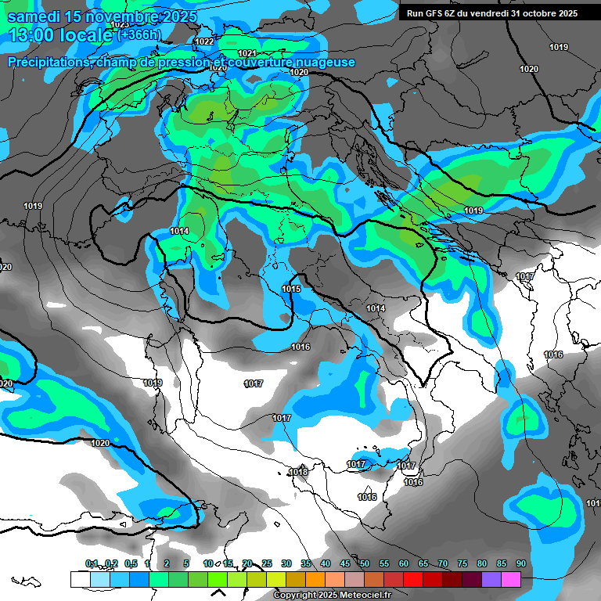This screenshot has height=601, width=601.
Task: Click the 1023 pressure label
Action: pos(120,25)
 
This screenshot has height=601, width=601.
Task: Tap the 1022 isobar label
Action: pos(204,41)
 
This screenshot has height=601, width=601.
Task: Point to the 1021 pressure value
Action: pos(247,52)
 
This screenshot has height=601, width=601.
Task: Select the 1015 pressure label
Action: pos(291,289)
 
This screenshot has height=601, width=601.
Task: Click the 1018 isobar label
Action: pos(298,472)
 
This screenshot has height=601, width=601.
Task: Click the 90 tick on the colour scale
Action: pos(520,563)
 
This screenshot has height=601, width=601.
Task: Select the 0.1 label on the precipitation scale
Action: pos(92,563)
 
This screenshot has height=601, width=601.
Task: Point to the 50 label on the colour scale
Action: pos(365,563)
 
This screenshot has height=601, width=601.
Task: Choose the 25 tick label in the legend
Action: pos(267,563)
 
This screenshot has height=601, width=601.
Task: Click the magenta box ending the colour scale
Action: pos(511,579)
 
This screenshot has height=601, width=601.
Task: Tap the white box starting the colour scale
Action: pos(80,579)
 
